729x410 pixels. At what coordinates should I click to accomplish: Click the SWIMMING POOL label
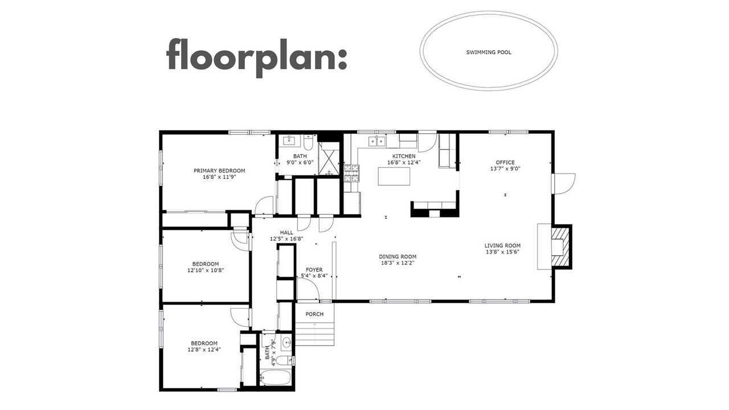(x=489, y=52)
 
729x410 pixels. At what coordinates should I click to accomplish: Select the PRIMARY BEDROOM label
(x=219, y=170)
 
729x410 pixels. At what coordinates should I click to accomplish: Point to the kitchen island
(x=394, y=176)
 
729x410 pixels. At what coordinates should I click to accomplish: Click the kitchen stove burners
(x=351, y=173)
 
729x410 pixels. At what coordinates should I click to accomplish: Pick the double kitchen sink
(x=377, y=141)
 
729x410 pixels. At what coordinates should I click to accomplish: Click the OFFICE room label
(x=505, y=162)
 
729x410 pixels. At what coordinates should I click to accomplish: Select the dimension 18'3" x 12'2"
(x=398, y=263)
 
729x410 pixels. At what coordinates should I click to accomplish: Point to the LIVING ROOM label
(x=502, y=245)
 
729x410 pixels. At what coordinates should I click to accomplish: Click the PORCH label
(x=314, y=314)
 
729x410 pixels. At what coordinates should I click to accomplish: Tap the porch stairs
(x=315, y=333)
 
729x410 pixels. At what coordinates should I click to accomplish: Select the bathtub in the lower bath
(x=275, y=379)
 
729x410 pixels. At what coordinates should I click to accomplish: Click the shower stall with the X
(x=329, y=158)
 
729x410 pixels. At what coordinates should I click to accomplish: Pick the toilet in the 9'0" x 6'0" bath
(x=308, y=141)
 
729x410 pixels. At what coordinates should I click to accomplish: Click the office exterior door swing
(x=564, y=184)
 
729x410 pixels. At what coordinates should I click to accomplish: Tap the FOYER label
(x=314, y=270)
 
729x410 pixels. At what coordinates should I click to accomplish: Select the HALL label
(x=286, y=233)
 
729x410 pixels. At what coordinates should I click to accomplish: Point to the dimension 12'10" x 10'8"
(x=206, y=270)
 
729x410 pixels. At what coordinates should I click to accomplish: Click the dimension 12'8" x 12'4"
(x=204, y=350)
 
